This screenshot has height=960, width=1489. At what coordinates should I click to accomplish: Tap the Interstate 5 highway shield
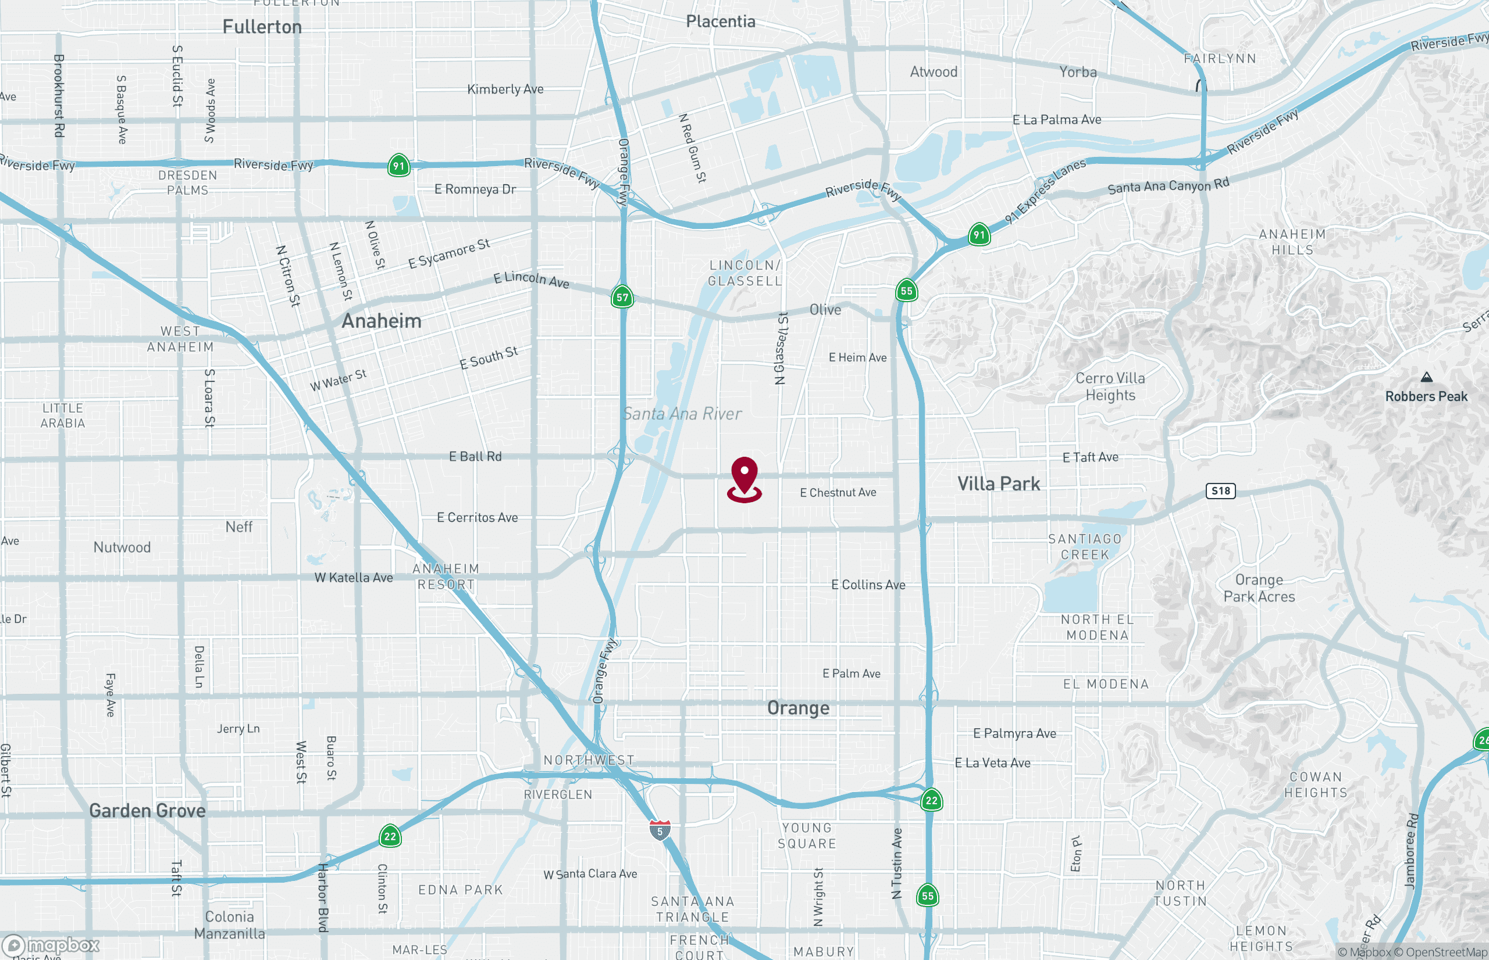point(660,830)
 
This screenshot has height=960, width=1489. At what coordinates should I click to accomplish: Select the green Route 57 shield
point(622,298)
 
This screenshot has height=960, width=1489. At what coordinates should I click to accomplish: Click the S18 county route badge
point(1220,490)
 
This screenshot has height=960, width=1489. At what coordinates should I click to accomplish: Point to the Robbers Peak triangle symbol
point(1426,377)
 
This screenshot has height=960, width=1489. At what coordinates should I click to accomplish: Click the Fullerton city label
point(262,27)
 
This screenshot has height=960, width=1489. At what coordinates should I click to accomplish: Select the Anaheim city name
point(381,321)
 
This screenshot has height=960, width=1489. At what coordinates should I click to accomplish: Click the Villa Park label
point(999,483)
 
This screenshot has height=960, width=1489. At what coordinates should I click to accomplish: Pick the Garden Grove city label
point(147,811)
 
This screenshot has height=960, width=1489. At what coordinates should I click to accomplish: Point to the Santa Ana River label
point(682,413)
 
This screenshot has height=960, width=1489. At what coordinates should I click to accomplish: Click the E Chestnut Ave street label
point(838,492)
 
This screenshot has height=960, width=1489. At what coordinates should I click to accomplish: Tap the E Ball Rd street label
point(475,456)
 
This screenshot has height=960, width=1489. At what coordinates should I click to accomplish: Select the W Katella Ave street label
point(354,578)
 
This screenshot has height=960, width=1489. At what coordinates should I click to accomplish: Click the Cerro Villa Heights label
point(1110,386)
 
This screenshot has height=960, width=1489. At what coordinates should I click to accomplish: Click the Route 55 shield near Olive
point(906,291)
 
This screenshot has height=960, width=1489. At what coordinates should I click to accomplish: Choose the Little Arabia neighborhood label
point(62,415)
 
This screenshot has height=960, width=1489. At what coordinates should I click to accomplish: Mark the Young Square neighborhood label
point(807,835)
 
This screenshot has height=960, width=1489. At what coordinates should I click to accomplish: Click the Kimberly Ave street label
point(505,89)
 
